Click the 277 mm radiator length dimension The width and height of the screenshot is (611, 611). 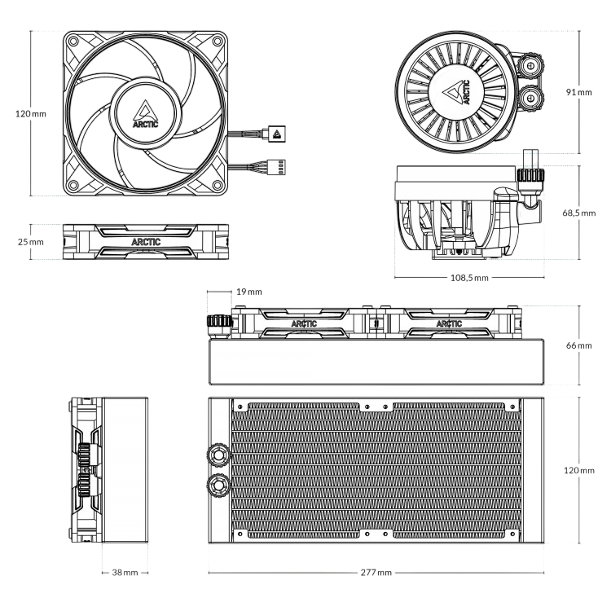(x=376, y=573)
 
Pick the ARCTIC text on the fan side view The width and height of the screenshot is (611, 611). (x=145, y=241)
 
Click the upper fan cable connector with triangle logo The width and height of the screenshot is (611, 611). (x=277, y=134)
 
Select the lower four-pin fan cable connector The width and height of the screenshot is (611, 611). (x=277, y=166)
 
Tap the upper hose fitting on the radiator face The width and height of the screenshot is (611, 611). (x=218, y=452)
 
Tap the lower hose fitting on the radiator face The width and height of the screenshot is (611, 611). (x=218, y=486)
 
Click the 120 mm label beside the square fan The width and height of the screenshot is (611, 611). (x=31, y=114)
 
